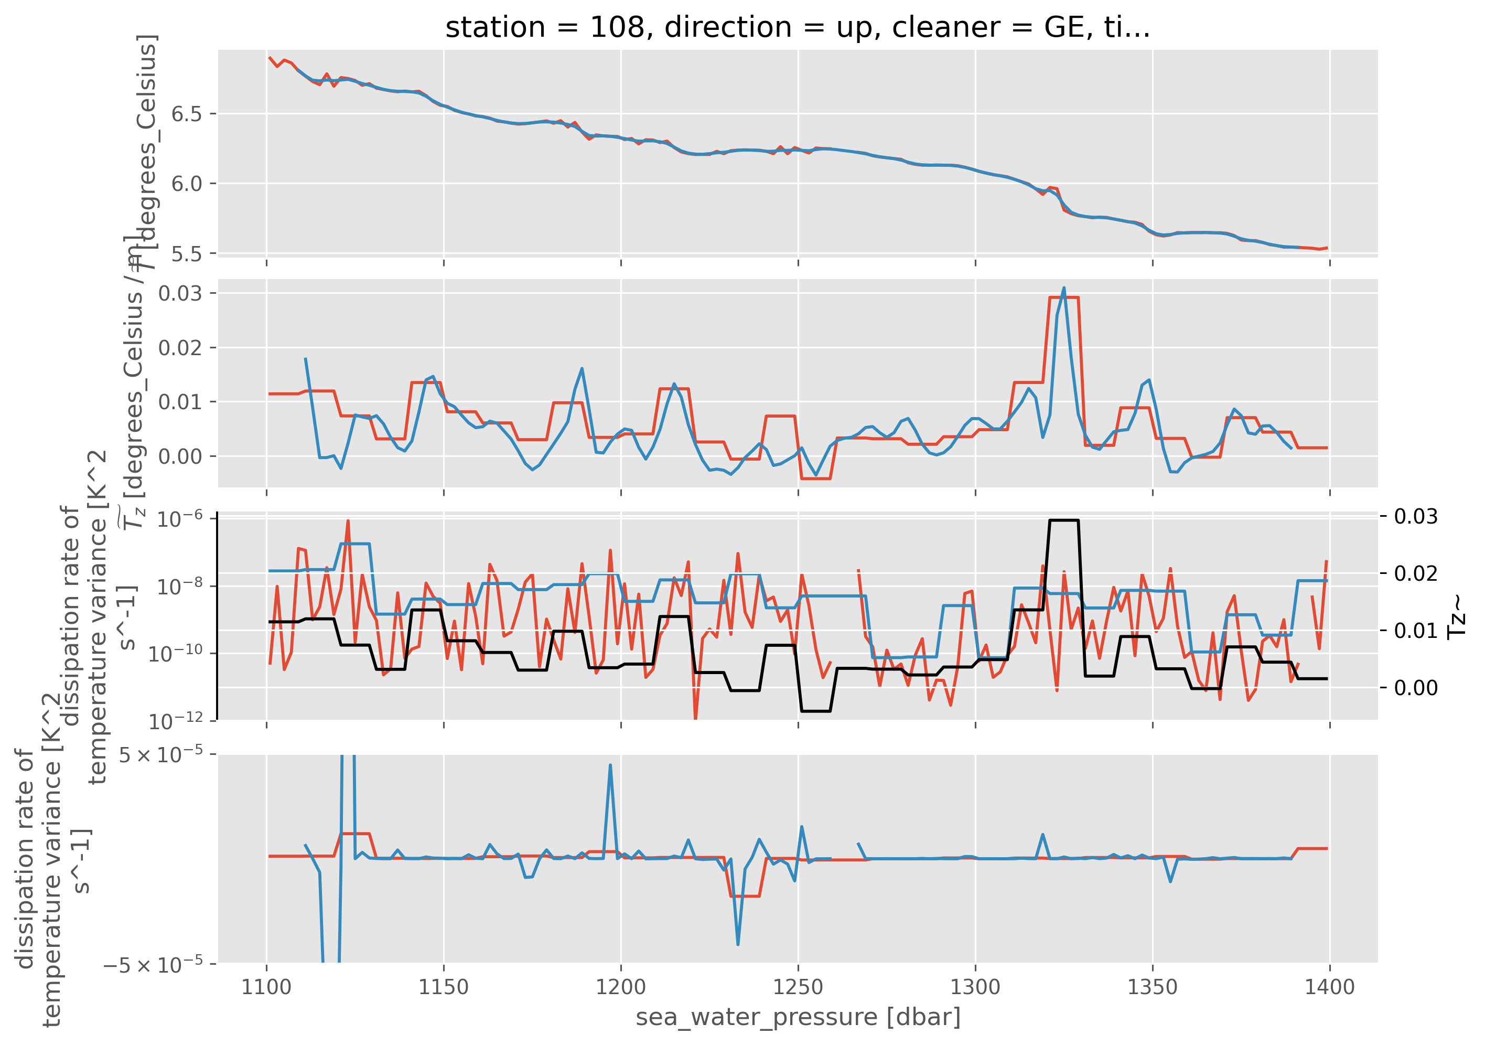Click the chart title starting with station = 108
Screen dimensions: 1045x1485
click(x=798, y=27)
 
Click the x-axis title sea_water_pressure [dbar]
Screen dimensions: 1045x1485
click(x=798, y=1017)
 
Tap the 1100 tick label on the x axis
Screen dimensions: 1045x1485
click(x=266, y=987)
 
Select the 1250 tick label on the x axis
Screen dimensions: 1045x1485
click(x=798, y=987)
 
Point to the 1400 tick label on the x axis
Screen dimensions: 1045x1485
click(x=1329, y=987)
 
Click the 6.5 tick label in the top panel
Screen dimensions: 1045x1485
click(x=186, y=114)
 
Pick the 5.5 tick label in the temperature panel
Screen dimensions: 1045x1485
click(x=186, y=254)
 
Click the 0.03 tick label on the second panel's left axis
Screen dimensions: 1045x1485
click(x=180, y=293)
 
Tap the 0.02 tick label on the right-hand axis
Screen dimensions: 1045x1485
click(x=1416, y=573)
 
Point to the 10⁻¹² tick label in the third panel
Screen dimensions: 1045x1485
click(x=175, y=720)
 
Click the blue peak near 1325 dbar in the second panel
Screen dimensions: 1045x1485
click(x=1064, y=288)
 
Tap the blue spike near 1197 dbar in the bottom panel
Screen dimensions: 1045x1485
click(x=610, y=765)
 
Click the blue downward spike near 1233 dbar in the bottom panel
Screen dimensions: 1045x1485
click(x=738, y=945)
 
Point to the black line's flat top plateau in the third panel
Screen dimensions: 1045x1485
click(x=1064, y=520)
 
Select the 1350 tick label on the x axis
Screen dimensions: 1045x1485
click(x=1153, y=987)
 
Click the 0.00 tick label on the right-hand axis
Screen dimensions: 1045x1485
click(x=1416, y=687)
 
